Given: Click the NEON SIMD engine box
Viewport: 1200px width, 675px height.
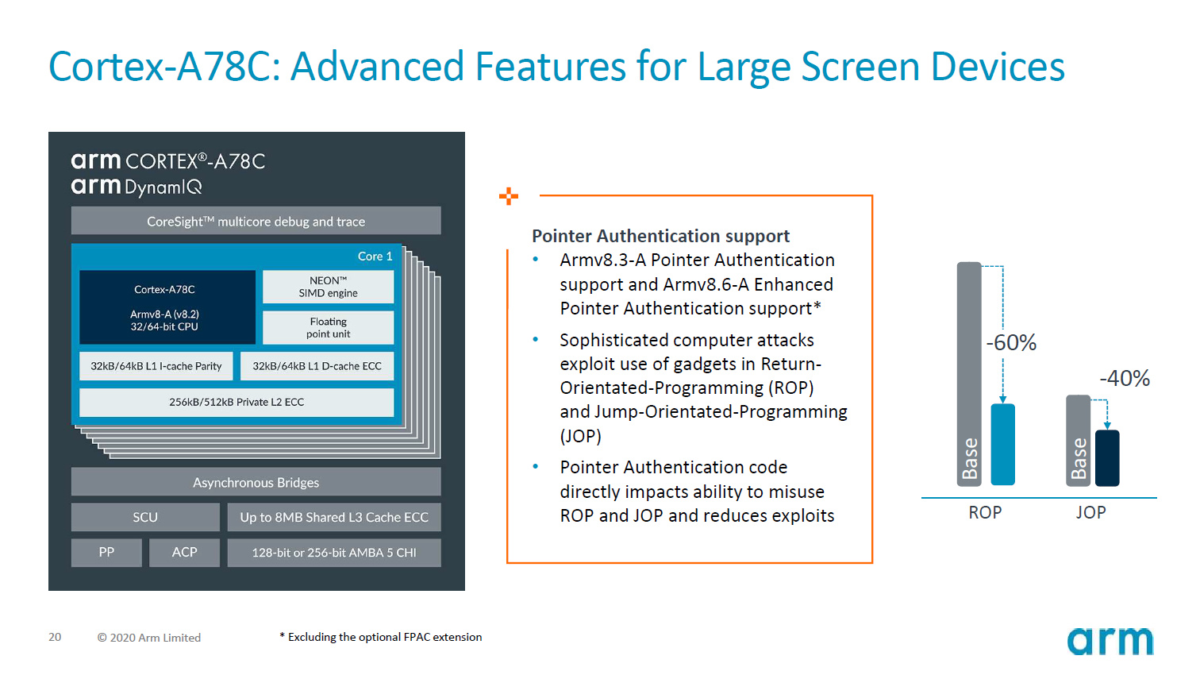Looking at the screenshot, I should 328,287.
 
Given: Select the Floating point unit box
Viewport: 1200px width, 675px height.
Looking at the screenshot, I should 328,327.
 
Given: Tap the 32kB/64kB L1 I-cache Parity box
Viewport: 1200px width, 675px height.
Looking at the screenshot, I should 156,366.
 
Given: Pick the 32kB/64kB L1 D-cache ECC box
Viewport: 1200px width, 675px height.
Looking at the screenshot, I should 317,366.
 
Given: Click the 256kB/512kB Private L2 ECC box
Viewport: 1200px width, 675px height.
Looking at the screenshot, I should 237,402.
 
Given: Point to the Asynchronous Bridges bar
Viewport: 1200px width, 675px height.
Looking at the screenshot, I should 256,482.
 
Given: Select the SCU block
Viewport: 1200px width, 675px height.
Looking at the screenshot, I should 145,517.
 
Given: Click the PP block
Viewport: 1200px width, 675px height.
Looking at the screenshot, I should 106,552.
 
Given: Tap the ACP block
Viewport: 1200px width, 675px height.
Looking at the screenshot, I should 184,552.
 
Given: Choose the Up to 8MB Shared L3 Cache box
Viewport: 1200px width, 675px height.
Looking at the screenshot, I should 334,517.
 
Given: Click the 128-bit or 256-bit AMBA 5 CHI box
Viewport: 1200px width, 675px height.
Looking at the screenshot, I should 334,552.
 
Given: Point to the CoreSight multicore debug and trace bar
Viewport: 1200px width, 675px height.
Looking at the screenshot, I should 256,221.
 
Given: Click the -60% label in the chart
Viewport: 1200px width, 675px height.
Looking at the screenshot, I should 1011,343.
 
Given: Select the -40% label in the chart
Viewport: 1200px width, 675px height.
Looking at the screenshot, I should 1124,378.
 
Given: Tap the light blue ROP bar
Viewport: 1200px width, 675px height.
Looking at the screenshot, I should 1003,444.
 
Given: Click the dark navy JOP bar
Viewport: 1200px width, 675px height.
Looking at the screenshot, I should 1107,457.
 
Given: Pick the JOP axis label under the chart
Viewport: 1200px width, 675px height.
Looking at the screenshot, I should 1090,513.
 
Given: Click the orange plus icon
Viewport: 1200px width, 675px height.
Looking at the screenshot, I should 509,196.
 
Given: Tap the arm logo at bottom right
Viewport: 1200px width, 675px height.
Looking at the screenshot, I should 1110,641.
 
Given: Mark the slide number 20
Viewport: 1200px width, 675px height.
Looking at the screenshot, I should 55,637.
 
